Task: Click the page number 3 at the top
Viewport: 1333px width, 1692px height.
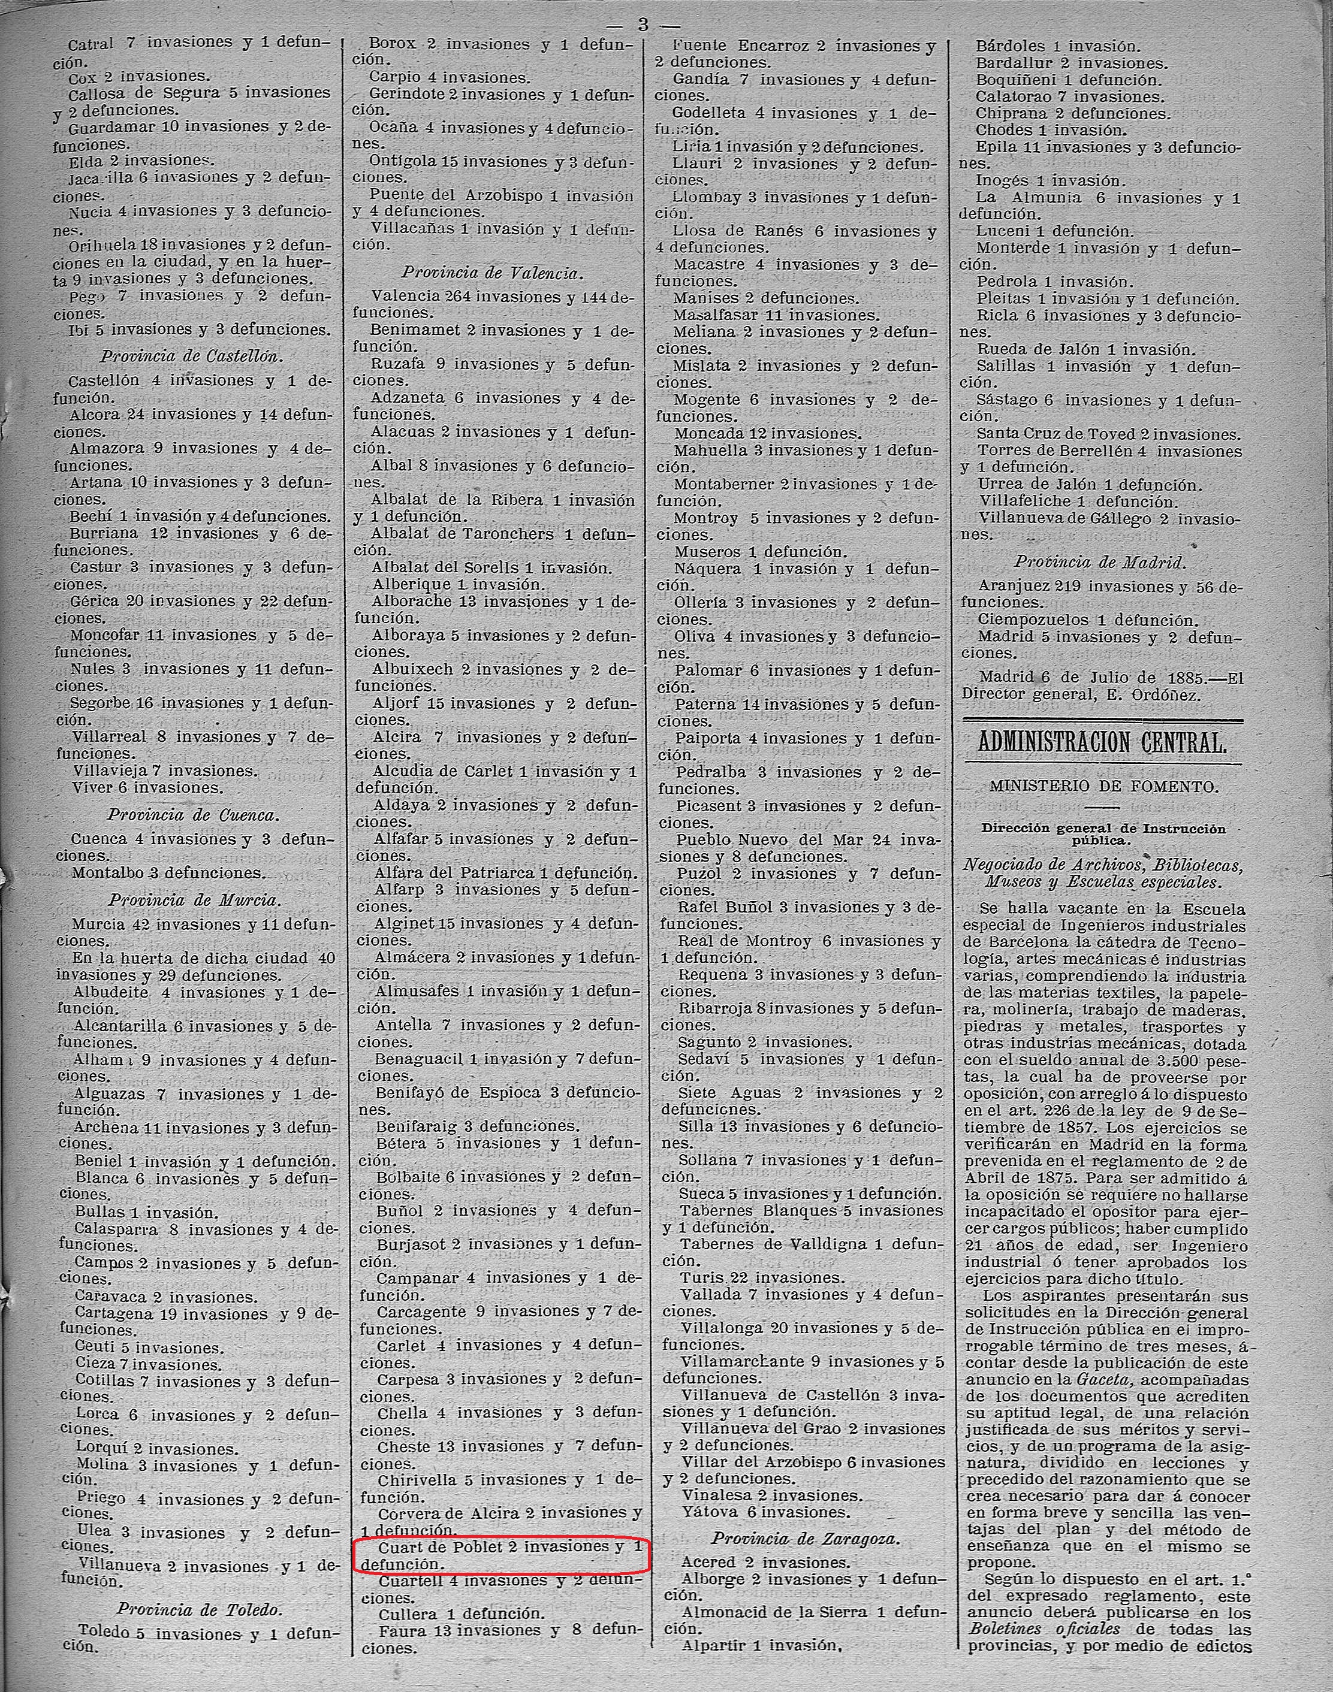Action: point(643,24)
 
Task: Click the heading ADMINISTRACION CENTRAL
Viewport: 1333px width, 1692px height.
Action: point(1102,742)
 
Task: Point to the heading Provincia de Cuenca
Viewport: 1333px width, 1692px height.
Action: point(192,815)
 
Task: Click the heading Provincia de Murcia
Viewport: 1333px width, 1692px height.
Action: point(194,900)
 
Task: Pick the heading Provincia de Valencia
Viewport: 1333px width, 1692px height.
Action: point(493,273)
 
